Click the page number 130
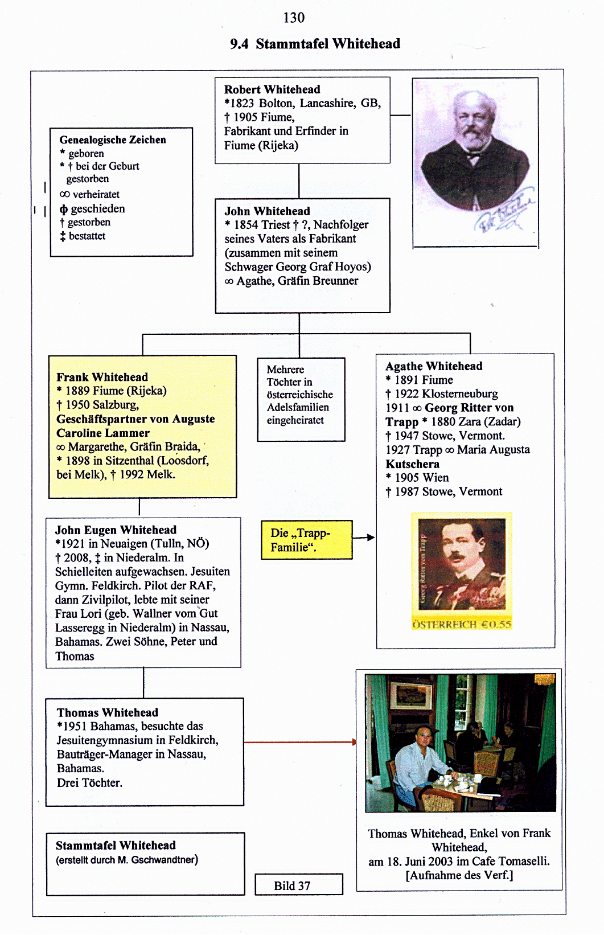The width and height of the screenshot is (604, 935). pyautogui.click(x=294, y=18)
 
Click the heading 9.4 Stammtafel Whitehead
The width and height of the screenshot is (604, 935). pyautogui.click(x=315, y=44)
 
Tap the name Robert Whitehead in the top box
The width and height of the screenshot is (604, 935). pyautogui.click(x=272, y=89)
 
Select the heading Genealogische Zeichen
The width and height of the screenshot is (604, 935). pyautogui.click(x=113, y=140)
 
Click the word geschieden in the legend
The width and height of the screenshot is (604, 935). pyautogui.click(x=97, y=208)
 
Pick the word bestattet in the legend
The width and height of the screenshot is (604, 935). pyautogui.click(x=87, y=236)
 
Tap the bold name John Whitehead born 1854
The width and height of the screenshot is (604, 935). pyautogui.click(x=267, y=211)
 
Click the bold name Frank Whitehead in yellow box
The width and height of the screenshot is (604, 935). pyautogui.click(x=102, y=377)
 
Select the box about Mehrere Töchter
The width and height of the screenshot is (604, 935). pyautogui.click(x=301, y=399)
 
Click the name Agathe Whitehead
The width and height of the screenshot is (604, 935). pyautogui.click(x=434, y=366)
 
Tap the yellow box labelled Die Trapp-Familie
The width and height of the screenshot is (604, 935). pyautogui.click(x=306, y=540)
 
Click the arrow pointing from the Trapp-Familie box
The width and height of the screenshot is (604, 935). pyautogui.click(x=364, y=538)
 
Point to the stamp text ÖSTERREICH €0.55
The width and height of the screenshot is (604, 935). pyautogui.click(x=462, y=624)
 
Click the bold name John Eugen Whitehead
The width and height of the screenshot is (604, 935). pyautogui.click(x=116, y=530)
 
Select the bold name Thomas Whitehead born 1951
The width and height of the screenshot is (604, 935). pyautogui.click(x=108, y=712)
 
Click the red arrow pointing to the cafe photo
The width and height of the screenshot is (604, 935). pyautogui.click(x=299, y=742)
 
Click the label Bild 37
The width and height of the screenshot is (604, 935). pyautogui.click(x=292, y=885)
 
